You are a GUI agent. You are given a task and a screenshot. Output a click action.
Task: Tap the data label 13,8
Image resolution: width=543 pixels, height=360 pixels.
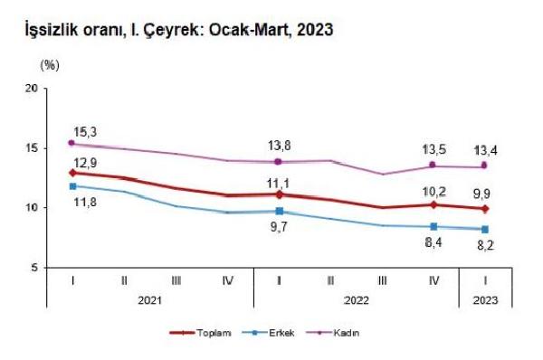point(280,145)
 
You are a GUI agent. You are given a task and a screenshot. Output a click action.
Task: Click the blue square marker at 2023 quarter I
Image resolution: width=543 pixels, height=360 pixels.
point(487,230)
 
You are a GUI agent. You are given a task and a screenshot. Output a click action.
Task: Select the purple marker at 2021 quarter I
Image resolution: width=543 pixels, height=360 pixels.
point(72,143)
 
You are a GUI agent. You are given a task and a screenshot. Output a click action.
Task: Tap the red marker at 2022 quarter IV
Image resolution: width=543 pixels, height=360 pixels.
point(435,204)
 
